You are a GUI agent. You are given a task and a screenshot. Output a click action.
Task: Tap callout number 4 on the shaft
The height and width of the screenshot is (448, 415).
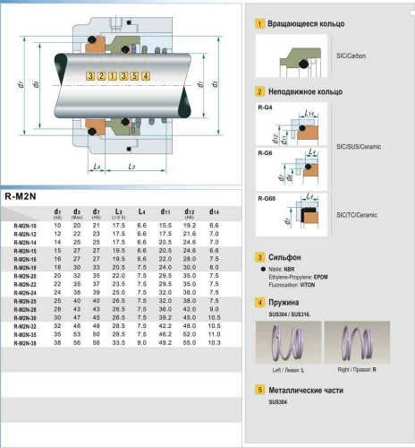[146, 77]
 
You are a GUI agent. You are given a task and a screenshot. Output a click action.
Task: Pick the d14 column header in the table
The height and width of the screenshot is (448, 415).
[213, 211]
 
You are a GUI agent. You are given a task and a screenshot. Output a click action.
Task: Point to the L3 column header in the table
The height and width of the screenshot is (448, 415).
[119, 211]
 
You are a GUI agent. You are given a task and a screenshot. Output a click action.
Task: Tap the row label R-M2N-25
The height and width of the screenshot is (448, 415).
[26, 300]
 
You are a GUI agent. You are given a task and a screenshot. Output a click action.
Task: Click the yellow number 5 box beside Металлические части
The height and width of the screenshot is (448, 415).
[260, 390]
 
